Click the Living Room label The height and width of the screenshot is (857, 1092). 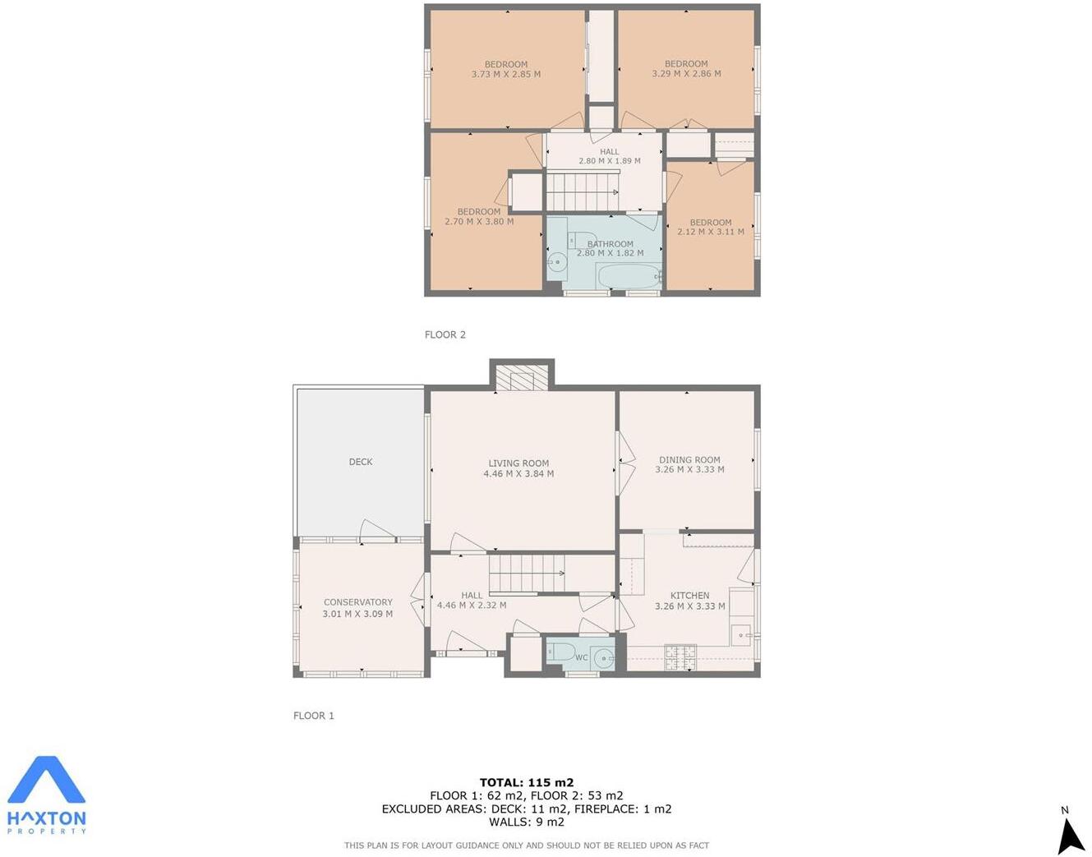point(518,463)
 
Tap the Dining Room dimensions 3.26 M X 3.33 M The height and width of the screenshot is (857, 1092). point(689,470)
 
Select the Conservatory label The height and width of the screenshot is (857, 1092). point(357,602)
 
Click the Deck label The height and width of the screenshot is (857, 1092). point(361,462)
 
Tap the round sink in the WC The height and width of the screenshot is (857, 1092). point(604,657)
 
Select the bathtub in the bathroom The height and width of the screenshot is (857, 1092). point(627,276)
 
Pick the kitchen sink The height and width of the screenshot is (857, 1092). point(742,634)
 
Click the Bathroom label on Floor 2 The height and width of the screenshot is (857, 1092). point(610,244)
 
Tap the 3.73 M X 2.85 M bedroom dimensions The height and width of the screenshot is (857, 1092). point(505,75)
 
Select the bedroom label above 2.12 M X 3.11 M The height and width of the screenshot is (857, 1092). point(711,223)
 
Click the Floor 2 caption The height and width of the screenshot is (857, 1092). point(445,334)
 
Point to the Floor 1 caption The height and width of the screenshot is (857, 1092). point(314,716)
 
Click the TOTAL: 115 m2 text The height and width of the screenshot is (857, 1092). point(527,783)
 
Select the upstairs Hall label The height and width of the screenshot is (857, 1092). point(610,152)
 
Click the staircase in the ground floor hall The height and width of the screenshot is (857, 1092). point(526,573)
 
